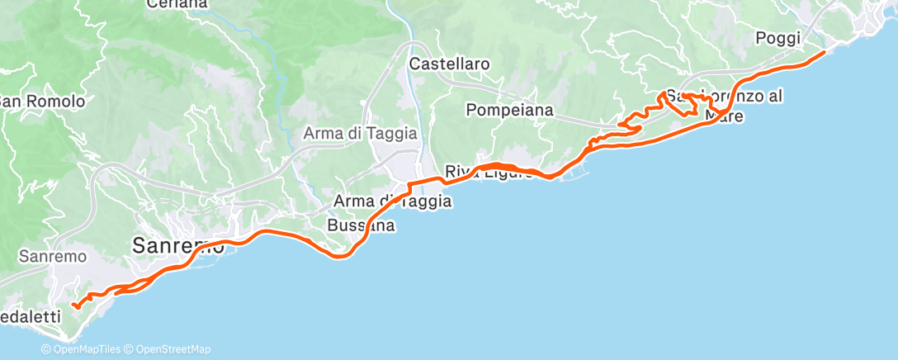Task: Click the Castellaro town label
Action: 451,64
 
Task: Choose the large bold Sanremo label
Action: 178,245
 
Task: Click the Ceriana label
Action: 177,4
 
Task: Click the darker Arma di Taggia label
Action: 392,201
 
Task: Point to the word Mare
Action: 726,116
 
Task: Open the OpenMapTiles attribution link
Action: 83,349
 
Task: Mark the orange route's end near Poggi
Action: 823,52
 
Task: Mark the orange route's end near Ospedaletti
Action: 74,306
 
